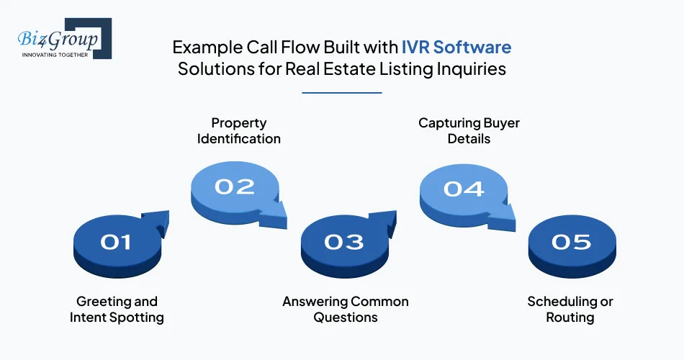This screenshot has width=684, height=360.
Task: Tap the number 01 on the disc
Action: pos(116,243)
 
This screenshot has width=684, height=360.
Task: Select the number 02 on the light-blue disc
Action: pos(235,186)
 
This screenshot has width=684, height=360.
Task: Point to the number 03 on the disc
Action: pos(343,243)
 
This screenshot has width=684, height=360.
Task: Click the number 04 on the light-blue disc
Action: pos(464,189)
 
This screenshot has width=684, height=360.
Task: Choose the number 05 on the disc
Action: pos(571,243)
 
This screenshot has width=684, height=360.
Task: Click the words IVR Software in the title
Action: pos(456,48)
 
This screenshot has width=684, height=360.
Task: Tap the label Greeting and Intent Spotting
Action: pos(117,309)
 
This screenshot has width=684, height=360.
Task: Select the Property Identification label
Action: pos(239,130)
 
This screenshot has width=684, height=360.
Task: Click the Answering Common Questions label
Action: pos(346,309)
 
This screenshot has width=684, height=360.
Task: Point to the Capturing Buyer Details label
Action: pos(469,130)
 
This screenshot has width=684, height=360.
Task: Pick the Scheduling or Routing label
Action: pos(570,309)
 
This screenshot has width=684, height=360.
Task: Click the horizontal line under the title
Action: pos(342,92)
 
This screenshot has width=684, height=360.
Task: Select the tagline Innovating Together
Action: pos(55,54)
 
